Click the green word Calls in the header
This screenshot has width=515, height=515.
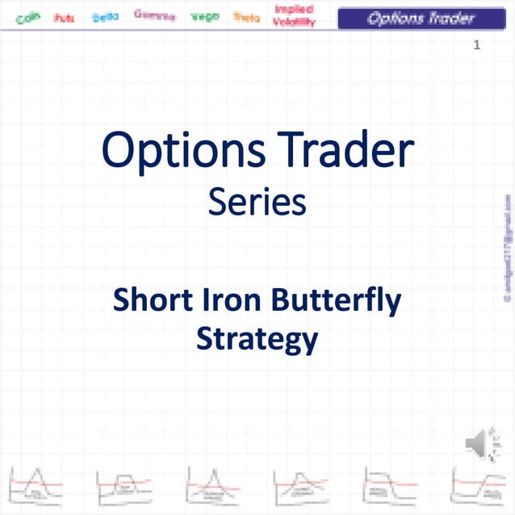pyautogui.click(x=28, y=17)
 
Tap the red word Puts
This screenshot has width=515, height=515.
pyautogui.click(x=65, y=17)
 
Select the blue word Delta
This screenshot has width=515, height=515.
pyautogui.click(x=106, y=16)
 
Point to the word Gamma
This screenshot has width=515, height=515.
pyautogui.click(x=154, y=15)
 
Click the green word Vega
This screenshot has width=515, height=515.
pyautogui.click(x=205, y=16)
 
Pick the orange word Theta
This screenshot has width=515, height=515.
pyautogui.click(x=246, y=16)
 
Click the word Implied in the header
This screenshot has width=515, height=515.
pyautogui.click(x=294, y=10)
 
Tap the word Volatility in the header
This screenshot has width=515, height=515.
pyautogui.click(x=294, y=23)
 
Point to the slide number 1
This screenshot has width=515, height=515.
pyautogui.click(x=477, y=45)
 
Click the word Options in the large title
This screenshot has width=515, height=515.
pyautogui.click(x=184, y=152)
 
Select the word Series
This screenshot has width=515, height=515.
pyautogui.click(x=257, y=202)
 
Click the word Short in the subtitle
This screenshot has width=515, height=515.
pyautogui.click(x=153, y=300)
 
